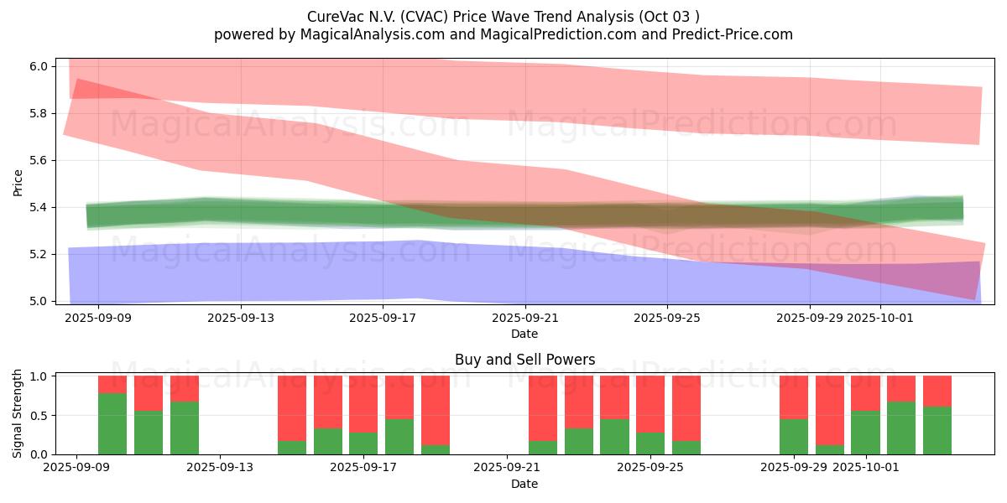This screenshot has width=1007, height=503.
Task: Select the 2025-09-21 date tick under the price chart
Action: click(x=524, y=318)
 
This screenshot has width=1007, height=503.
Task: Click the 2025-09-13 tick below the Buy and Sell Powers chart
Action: click(x=220, y=468)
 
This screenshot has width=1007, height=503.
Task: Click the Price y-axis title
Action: click(x=18, y=183)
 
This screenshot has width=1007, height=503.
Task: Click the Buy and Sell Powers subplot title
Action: click(x=524, y=360)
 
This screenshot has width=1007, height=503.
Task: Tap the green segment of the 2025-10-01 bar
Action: click(x=865, y=432)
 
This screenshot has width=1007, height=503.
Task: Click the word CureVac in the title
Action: click(x=334, y=17)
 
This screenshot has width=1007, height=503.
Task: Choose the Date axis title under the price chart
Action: click(x=524, y=334)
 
